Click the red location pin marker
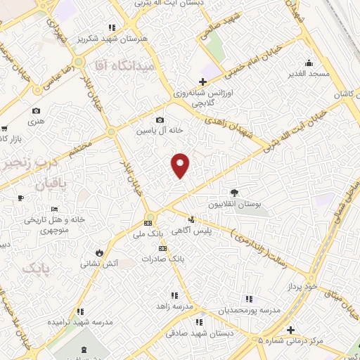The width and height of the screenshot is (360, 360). [x=181, y=165]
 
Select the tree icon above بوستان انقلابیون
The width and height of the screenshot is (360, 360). [x=233, y=193]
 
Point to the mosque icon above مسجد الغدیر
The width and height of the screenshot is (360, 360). [x=309, y=62]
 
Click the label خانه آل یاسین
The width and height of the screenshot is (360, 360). [x=160, y=131]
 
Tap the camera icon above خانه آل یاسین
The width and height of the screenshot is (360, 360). [x=160, y=120]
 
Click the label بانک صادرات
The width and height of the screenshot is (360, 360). [x=162, y=259]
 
